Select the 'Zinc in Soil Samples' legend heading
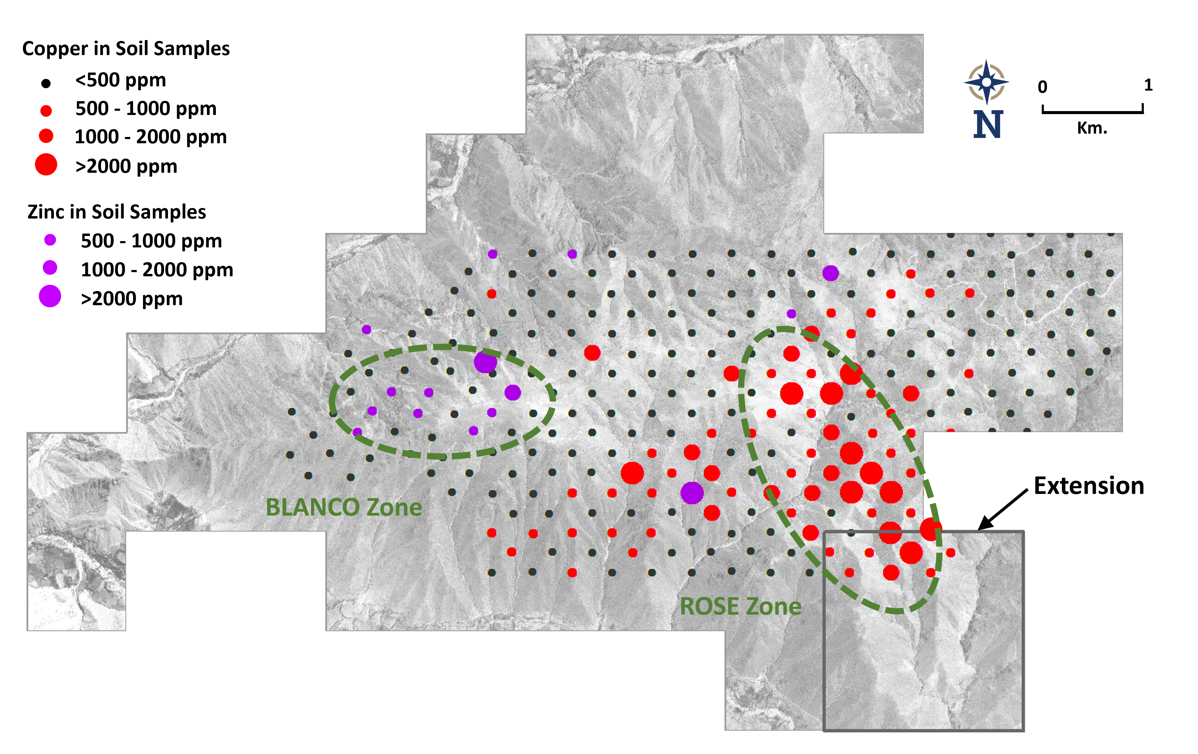117,212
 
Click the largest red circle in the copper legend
46,164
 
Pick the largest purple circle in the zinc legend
50,296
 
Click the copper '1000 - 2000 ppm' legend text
150,137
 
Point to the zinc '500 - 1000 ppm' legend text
151,241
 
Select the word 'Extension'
1088,486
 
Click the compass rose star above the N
986,82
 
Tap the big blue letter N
988,124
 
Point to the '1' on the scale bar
1148,85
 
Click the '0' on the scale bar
1042,87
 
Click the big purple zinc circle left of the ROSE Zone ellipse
692,493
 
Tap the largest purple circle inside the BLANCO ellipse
485,361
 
